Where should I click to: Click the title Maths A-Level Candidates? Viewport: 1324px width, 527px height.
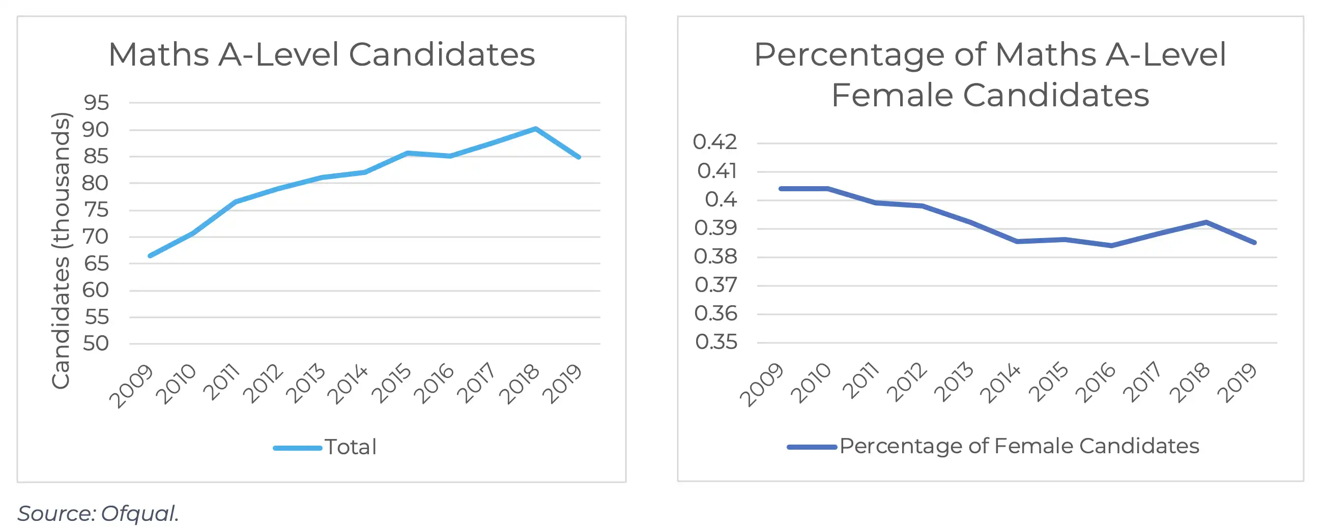pyautogui.click(x=322, y=54)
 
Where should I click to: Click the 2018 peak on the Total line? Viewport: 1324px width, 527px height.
pyautogui.click(x=536, y=128)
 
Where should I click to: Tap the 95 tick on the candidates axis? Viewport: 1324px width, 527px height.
pyautogui.click(x=96, y=103)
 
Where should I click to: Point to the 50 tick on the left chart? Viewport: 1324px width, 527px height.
pyautogui.click(x=96, y=343)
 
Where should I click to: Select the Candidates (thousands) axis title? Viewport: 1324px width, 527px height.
pyautogui.click(x=61, y=250)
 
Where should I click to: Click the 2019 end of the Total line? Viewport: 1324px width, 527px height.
pyautogui.click(x=579, y=157)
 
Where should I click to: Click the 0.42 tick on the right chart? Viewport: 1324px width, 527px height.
pyautogui.click(x=714, y=142)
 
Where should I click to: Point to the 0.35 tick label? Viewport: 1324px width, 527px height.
pyautogui.click(x=716, y=342)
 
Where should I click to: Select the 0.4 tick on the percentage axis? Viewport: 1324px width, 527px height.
pyautogui.click(x=721, y=199)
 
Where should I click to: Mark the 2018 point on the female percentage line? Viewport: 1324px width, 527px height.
pyautogui.click(x=1206, y=222)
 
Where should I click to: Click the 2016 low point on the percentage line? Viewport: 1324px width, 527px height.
pyautogui.click(x=1111, y=246)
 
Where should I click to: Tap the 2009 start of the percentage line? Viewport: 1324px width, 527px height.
pyautogui.click(x=781, y=189)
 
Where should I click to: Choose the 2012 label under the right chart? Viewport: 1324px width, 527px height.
pyautogui.click(x=907, y=383)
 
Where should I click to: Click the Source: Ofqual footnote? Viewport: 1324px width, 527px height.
pyautogui.click(x=98, y=513)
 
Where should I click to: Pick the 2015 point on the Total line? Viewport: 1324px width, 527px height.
pyautogui.click(x=408, y=153)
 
